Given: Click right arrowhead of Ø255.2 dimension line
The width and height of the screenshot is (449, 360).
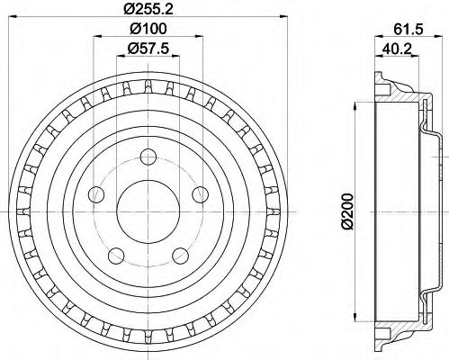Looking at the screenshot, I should click(275, 20).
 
